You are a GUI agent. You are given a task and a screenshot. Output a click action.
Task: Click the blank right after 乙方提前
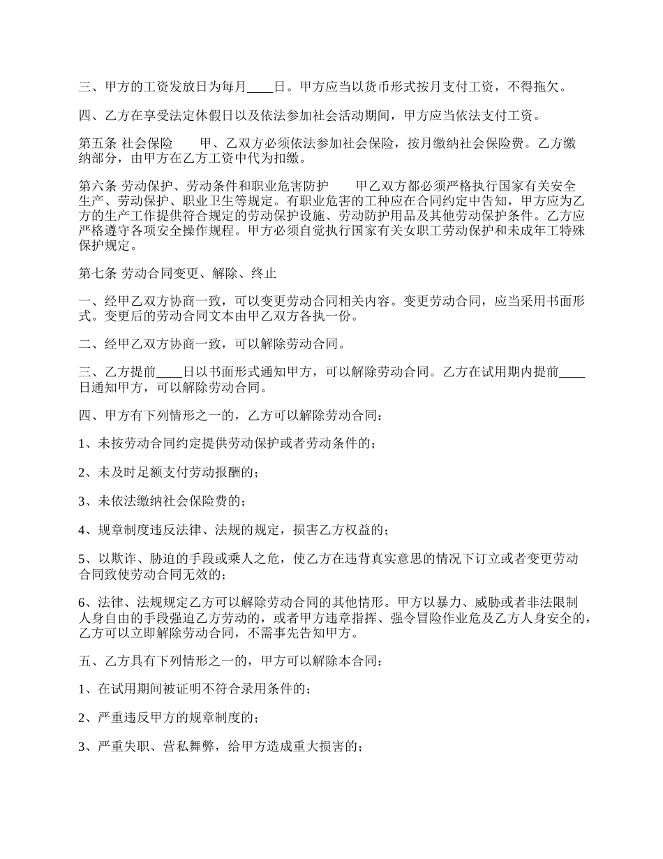pyautogui.click(x=168, y=372)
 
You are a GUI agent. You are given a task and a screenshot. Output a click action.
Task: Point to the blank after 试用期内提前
pyautogui.click(x=572, y=372)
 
